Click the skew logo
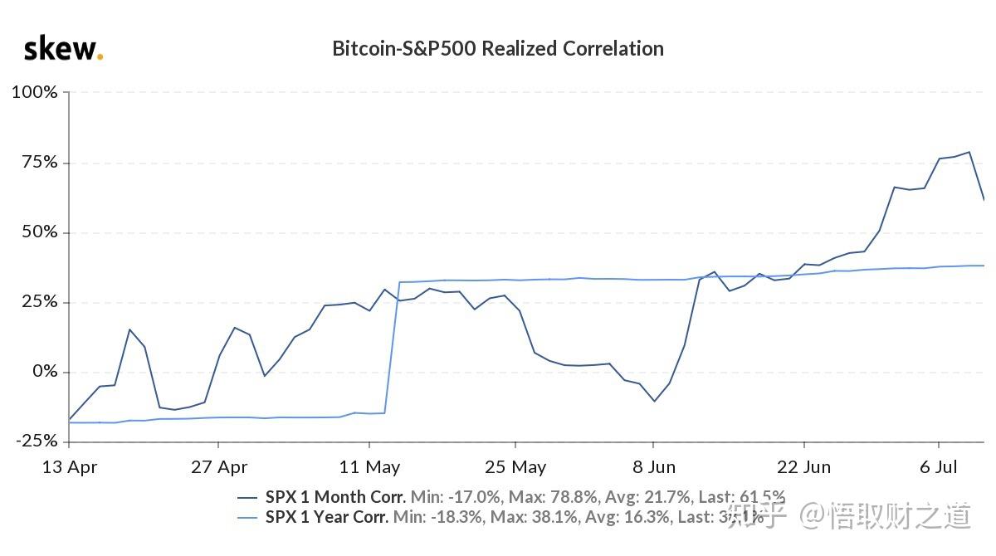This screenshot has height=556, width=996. coord(63,49)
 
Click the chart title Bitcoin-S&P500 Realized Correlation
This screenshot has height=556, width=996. coord(498,48)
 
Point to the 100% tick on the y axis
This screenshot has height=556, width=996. coord(34,92)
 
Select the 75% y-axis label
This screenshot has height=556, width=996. coord(38,162)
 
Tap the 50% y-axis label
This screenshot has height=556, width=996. coord(38,232)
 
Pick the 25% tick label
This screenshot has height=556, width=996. coord(38,302)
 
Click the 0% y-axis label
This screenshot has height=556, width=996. coord(43,372)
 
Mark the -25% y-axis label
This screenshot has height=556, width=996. coord(36,441)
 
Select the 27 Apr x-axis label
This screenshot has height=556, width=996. coord(218,467)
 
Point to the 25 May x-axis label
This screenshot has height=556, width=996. coord(515,467)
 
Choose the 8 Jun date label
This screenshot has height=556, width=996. coord(653,467)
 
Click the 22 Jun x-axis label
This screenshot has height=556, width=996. coord(803,467)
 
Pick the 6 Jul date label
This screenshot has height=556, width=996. coord(940,467)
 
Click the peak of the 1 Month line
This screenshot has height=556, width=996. coord(969,152)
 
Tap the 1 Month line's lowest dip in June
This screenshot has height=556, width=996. coord(654,402)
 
